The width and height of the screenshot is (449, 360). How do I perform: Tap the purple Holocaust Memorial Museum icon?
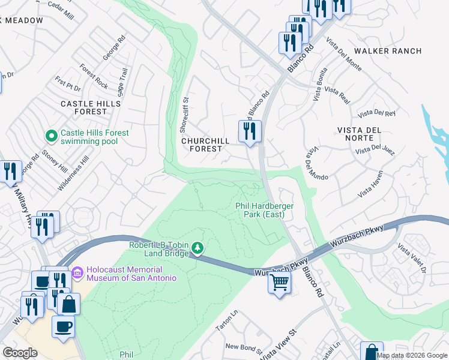tap(77, 273)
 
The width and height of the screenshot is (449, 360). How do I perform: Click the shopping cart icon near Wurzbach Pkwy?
tap(279, 282)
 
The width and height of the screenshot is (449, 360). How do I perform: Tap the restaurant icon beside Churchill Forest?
tap(249, 131)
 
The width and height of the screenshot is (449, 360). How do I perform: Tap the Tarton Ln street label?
tap(227, 325)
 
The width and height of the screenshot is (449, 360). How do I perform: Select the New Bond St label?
tap(243, 348)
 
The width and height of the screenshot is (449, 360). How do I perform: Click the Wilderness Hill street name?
tap(73, 173)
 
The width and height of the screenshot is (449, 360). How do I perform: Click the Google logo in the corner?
tap(20, 353)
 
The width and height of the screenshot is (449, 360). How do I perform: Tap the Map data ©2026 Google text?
tap(411, 355)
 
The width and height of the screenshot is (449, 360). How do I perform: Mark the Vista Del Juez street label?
tap(374, 149)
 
